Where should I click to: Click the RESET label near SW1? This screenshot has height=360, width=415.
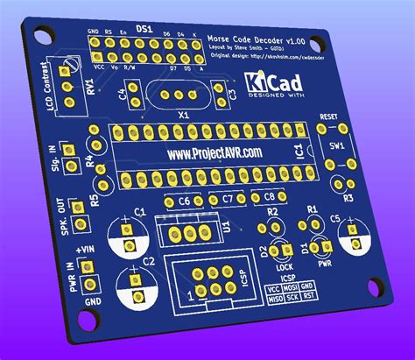click(329, 116)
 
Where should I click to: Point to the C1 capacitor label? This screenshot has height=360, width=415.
click(140, 213)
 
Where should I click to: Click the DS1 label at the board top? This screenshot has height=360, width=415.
click(145, 30)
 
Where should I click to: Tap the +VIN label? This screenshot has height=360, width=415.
click(84, 251)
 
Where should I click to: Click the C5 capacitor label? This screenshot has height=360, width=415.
click(335, 216)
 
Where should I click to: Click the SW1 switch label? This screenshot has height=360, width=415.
click(336, 141)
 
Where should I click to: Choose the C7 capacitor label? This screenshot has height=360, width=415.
click(228, 198)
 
